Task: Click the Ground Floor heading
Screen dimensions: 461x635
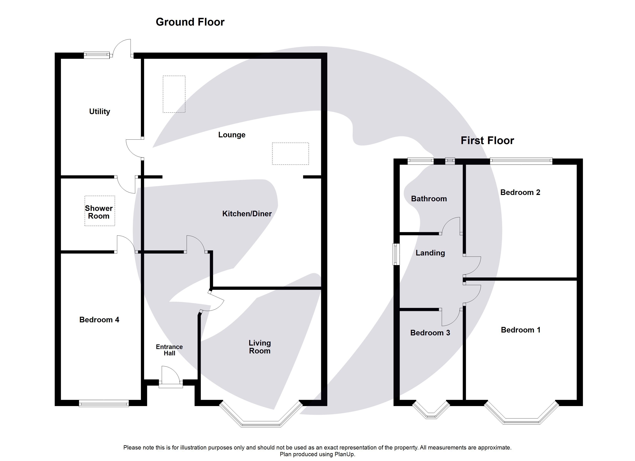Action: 190,22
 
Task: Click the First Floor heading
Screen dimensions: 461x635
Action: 487,140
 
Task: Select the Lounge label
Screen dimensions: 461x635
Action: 231,135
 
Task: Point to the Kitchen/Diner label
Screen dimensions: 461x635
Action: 247,214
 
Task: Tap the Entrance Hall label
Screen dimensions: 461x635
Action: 169,350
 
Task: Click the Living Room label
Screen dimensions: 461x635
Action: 260,347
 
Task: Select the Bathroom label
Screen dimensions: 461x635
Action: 429,199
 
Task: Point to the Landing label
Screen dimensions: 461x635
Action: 430,253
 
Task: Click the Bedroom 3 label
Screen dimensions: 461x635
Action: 430,333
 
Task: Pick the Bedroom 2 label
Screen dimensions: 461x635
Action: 520,192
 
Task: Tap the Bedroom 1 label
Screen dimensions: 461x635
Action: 521,330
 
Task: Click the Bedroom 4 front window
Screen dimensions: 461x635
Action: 104,403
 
